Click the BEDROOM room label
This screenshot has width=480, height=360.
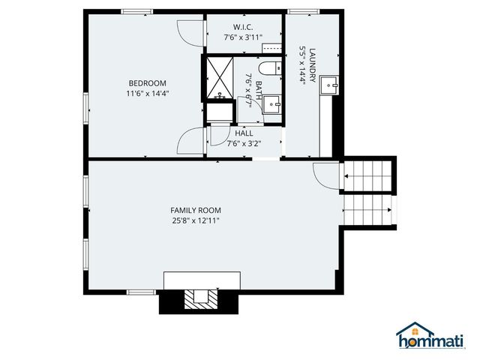[147, 83]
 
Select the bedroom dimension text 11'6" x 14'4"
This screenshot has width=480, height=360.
[147, 94]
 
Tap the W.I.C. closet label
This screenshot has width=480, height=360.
[241, 27]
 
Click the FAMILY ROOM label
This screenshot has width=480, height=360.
[195, 210]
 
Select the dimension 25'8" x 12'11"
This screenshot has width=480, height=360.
[195, 220]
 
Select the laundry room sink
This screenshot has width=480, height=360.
[329, 88]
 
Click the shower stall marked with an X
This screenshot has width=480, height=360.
[220, 77]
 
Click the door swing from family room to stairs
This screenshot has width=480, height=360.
[325, 174]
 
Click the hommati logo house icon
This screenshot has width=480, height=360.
[411, 334]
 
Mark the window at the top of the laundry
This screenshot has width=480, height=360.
[301, 11]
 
